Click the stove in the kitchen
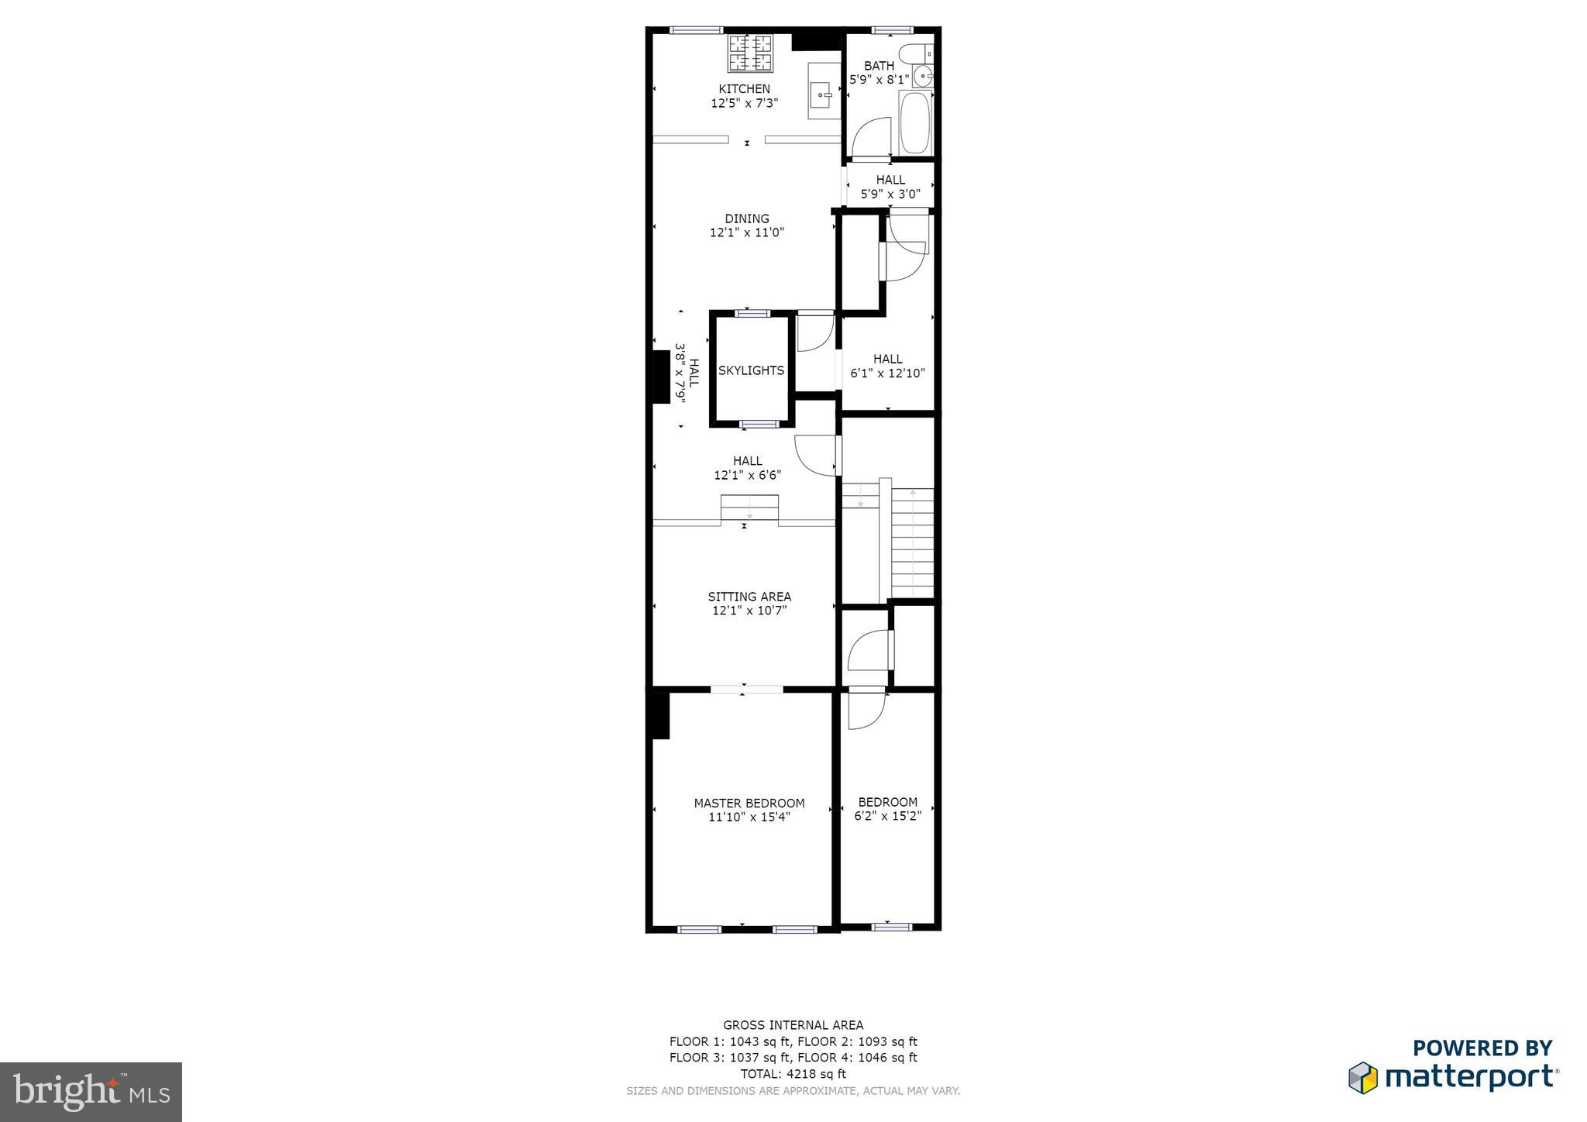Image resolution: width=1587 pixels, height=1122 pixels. click(x=750, y=53)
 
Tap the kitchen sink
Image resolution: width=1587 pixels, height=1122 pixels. click(x=821, y=96)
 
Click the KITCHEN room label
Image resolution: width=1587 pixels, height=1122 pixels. click(x=744, y=88)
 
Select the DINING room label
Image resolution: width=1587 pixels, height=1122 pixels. click(x=747, y=219)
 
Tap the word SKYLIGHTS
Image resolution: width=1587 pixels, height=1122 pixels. click(x=751, y=370)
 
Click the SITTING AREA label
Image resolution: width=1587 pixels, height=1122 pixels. click(x=749, y=597)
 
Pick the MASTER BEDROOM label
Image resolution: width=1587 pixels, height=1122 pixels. click(x=749, y=804)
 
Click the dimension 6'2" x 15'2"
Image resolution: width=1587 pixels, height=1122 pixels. click(x=888, y=816)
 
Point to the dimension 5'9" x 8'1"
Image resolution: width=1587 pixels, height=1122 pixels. click(x=880, y=79)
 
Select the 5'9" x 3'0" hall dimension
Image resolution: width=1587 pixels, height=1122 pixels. click(x=890, y=194)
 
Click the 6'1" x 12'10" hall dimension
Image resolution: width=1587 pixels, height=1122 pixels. click(x=888, y=373)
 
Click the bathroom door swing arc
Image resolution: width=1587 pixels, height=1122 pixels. click(x=869, y=138)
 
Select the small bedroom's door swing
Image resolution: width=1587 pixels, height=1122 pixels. click(x=865, y=710)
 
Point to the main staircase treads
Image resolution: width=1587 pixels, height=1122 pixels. click(x=913, y=542)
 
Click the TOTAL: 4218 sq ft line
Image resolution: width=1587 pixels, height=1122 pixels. click(x=793, y=1074)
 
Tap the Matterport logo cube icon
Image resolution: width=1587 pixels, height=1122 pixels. click(x=1364, y=1078)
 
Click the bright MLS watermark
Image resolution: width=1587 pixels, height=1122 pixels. click(x=91, y=1092)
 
